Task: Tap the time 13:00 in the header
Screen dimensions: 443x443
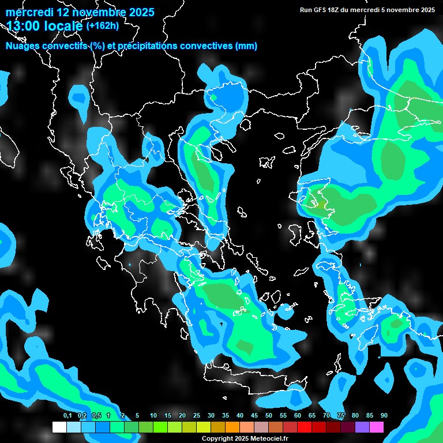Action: click(24, 26)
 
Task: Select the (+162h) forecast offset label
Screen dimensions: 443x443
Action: click(102, 25)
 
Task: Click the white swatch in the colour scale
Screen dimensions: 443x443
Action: click(59, 427)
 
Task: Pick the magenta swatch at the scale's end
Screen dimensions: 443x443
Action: click(377, 427)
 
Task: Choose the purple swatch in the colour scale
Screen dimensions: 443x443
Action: click(362, 427)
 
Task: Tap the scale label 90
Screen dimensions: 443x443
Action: click(384, 415)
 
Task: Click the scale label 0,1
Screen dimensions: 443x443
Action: click(67, 415)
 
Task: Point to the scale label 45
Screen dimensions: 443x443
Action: click(254, 415)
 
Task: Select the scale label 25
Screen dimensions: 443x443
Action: click(197, 415)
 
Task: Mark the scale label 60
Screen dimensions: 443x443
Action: click(298, 415)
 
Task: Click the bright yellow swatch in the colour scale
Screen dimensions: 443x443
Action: click(204, 427)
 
